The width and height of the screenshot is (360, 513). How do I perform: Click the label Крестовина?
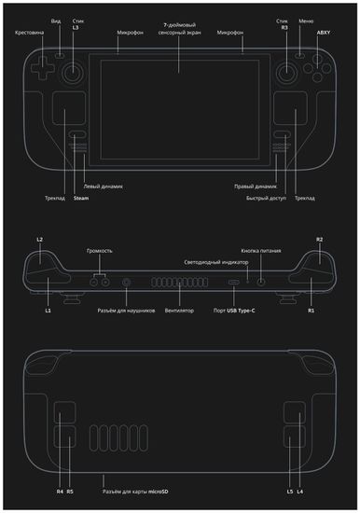click(30, 33)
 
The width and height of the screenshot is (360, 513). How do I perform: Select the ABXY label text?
click(324, 33)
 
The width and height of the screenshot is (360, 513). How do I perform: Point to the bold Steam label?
click(80, 198)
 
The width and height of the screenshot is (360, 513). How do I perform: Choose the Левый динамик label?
click(104, 186)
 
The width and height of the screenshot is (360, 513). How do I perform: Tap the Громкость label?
click(100, 251)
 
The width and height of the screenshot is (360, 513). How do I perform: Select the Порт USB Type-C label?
click(233, 310)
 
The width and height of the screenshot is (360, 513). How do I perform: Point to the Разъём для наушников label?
click(126, 310)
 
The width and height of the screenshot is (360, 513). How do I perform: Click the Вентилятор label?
click(178, 310)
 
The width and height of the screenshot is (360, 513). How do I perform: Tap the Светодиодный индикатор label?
click(215, 263)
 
